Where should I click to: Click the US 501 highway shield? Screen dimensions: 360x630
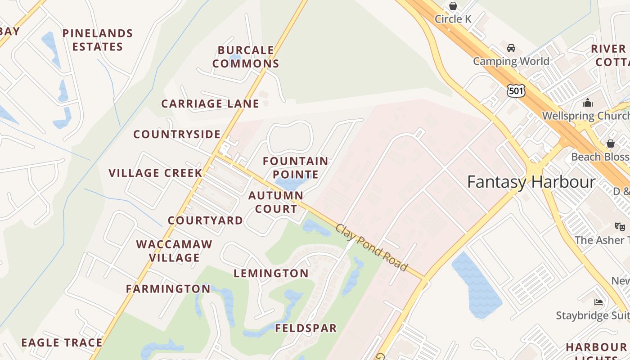click(x=516, y=90)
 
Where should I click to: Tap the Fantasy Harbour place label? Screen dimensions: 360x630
click(x=531, y=182)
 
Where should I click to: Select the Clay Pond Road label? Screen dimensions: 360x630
click(x=371, y=247)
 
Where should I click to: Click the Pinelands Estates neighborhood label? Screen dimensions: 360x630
click(x=98, y=40)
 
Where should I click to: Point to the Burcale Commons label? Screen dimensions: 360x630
click(x=246, y=57)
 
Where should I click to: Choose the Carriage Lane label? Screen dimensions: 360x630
click(x=210, y=103)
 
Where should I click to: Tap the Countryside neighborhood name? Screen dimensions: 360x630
click(x=177, y=134)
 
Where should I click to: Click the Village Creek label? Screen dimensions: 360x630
click(x=155, y=173)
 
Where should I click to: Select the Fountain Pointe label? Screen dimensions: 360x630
click(x=296, y=167)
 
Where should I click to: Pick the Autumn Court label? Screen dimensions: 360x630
click(x=275, y=202)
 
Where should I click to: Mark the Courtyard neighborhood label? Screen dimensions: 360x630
click(x=205, y=220)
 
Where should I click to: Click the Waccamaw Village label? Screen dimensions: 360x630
click(x=174, y=251)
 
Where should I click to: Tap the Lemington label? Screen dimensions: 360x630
click(x=271, y=273)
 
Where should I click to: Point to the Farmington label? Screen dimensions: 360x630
click(x=168, y=288)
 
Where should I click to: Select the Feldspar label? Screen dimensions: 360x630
click(x=306, y=328)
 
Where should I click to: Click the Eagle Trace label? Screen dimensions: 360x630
click(x=62, y=342)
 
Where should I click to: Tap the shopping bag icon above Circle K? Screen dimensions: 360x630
click(x=453, y=6)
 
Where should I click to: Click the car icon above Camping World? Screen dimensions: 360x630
click(x=511, y=48)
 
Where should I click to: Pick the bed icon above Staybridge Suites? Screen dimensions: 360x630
click(x=598, y=302)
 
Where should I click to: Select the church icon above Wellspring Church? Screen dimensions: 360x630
click(x=588, y=103)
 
